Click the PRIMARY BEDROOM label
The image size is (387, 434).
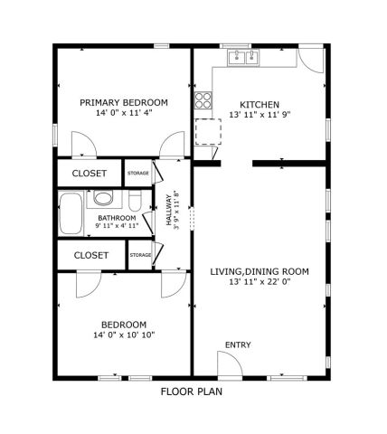tap(123, 102)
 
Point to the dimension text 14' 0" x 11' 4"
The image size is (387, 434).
tap(123, 114)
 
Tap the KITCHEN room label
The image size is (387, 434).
tap(259, 104)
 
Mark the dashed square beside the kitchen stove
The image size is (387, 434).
tap(208, 131)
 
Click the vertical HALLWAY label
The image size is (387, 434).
tap(168, 210)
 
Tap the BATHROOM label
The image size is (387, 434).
tap(118, 218)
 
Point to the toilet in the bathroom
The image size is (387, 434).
tap(136, 200)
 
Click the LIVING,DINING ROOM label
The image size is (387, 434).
tap(260, 270)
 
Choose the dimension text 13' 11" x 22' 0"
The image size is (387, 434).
tap(260, 282)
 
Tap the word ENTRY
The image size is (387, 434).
tap(238, 344)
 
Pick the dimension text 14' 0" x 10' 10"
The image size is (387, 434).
tap(123, 335)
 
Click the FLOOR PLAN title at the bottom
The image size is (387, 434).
tap(191, 392)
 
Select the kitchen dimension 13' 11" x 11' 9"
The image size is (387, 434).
tap(259, 116)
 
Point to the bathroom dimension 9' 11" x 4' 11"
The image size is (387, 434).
tap(118, 227)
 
